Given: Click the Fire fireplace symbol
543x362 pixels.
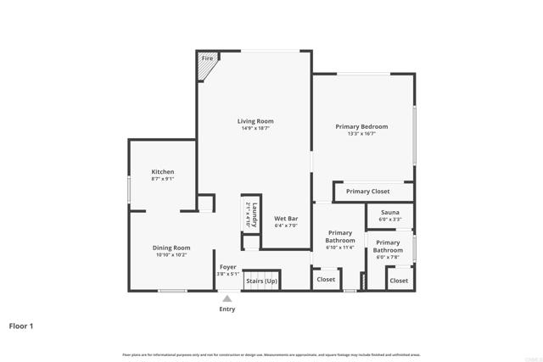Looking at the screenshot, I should pos(207,65).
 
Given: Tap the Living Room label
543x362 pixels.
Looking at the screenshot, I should pos(255,121).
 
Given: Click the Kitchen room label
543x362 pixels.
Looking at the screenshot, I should pos(163,171).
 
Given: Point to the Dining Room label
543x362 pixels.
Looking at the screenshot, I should pos(171,248).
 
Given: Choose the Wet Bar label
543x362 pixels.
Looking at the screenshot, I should pos(286,219).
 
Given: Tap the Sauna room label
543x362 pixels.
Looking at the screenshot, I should pos(390,212).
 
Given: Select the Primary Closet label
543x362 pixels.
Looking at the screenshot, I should pos(368,192).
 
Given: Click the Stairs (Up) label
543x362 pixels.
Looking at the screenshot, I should pos(261,281).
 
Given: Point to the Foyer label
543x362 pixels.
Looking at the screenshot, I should pos(227,267).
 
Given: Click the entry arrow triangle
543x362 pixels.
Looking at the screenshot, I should pos(227,298).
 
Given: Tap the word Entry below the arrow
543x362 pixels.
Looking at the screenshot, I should pos(227,309).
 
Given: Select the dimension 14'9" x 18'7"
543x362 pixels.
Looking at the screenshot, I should pos(255,130).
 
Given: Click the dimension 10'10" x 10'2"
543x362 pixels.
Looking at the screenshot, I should pos(171,255).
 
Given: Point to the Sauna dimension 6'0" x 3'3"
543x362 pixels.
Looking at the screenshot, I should pos(390,220).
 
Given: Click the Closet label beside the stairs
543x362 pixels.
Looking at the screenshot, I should pos(326,279).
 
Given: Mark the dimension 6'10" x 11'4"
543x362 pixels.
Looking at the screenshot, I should pos(340,248).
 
